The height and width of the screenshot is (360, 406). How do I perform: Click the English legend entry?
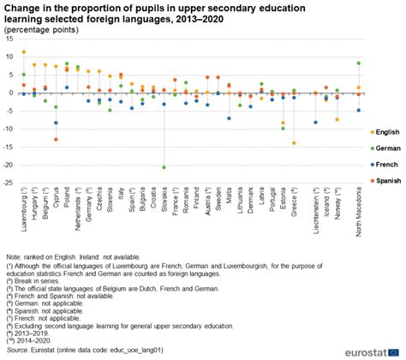pyautogui.click(x=385, y=131)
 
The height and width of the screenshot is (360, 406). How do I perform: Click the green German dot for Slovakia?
pyautogui.click(x=164, y=167)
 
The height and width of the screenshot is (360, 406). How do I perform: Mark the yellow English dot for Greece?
pyautogui.click(x=294, y=143)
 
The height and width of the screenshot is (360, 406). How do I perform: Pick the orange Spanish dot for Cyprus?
pyautogui.click(x=56, y=139)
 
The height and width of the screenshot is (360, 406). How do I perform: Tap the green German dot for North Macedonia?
pyautogui.click(x=359, y=63)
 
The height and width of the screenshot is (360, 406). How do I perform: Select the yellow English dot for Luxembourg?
pyautogui.click(x=23, y=52)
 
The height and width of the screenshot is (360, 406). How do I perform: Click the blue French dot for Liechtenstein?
pyautogui.click(x=315, y=123)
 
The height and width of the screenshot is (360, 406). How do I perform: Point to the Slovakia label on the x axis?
pyautogui.click(x=164, y=204)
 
